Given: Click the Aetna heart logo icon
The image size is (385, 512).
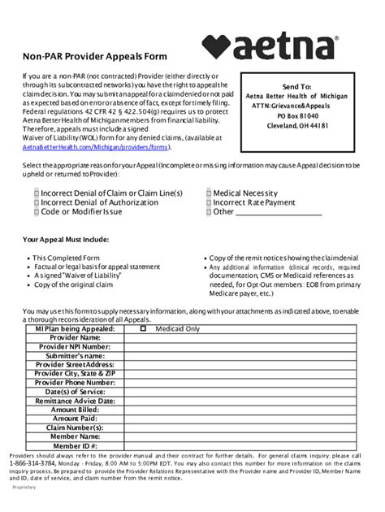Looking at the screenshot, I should [x=219, y=46].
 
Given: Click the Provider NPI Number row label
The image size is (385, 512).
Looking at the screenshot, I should [x=75, y=346].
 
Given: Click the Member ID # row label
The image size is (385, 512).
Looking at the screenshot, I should [x=75, y=446].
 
